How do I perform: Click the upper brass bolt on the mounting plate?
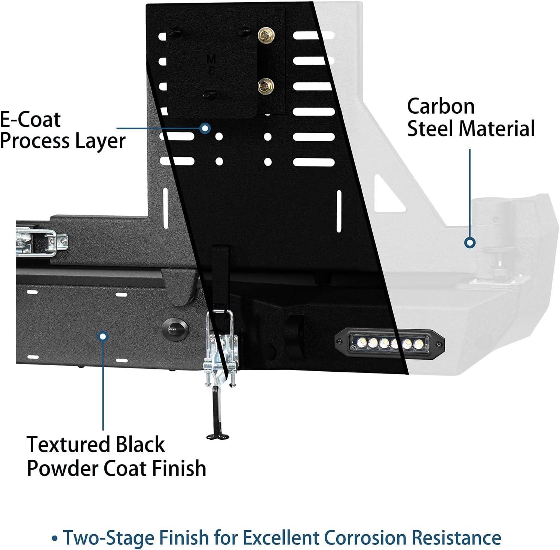[266, 36]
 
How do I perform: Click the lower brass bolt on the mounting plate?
[266, 87]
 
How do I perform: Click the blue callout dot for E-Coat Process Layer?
[205, 129]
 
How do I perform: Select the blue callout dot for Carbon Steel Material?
[470, 242]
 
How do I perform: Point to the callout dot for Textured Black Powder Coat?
[102, 336]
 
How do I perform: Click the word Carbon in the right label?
[441, 107]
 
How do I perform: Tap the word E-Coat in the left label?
[30, 120]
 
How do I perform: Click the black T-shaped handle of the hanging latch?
[217, 435]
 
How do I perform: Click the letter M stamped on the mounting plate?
[211, 59]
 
